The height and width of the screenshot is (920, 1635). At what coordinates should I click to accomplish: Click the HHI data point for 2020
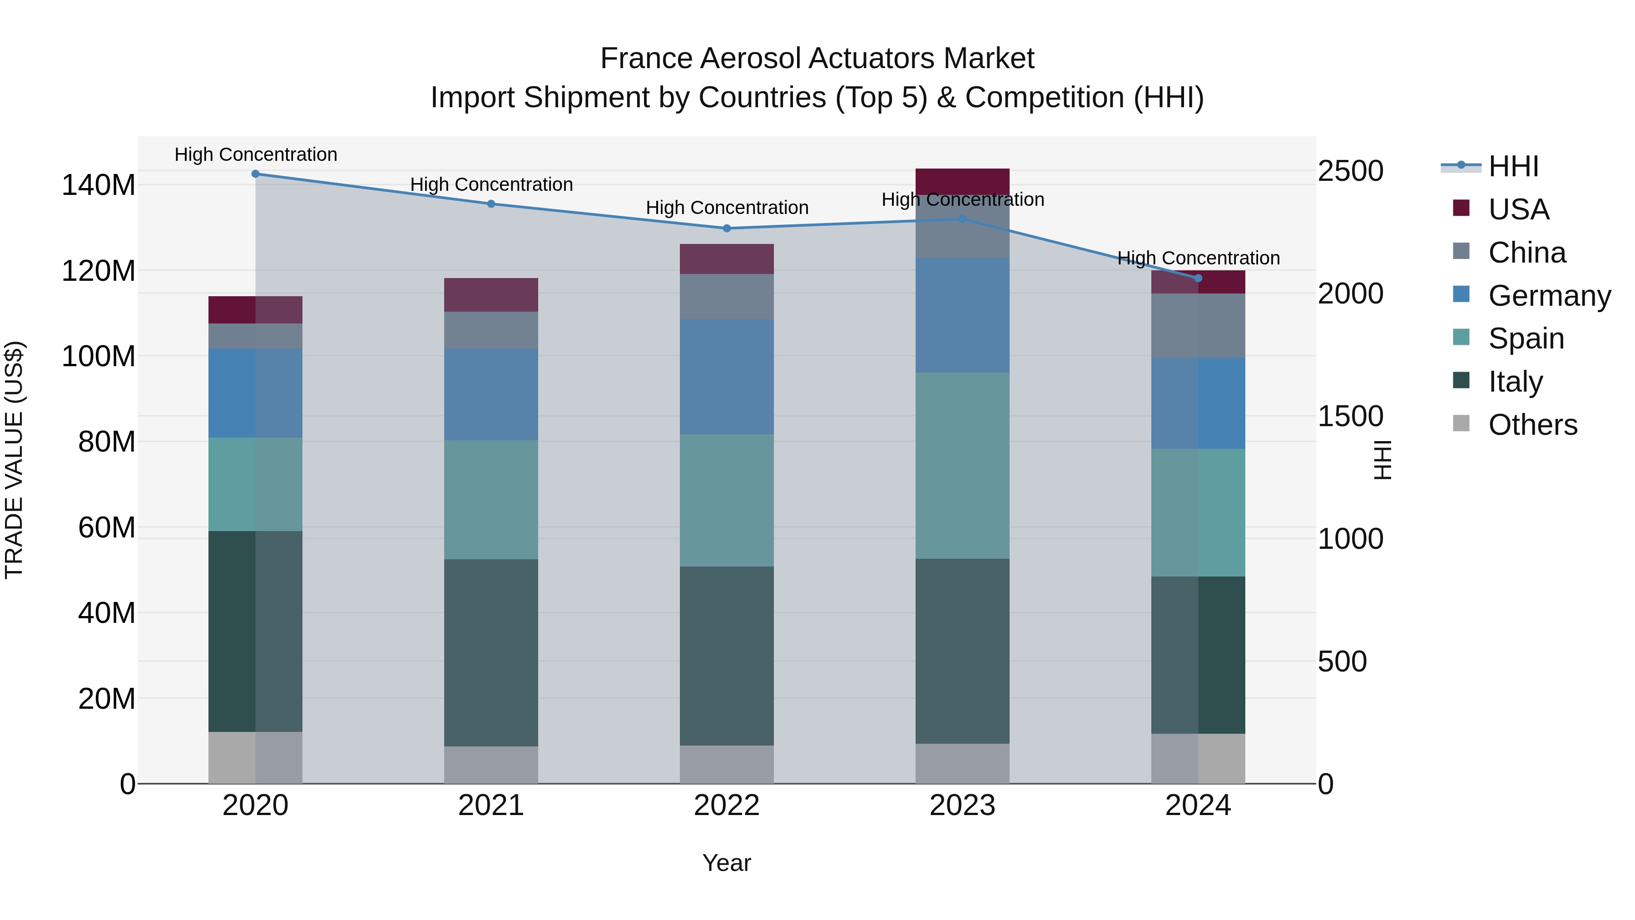tap(255, 174)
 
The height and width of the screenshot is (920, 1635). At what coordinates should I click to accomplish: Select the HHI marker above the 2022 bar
tap(727, 229)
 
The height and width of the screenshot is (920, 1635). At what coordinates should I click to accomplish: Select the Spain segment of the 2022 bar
tap(727, 500)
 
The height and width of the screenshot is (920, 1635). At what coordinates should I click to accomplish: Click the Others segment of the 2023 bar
tap(962, 763)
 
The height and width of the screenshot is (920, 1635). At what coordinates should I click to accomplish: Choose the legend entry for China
tap(1526, 253)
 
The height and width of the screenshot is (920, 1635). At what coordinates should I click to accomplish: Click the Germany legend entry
tap(1549, 296)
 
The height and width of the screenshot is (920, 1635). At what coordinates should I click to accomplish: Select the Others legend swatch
tap(1461, 423)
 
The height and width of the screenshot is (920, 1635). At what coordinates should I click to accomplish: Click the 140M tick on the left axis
tap(99, 185)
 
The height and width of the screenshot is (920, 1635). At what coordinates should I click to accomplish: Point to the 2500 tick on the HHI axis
tap(1350, 171)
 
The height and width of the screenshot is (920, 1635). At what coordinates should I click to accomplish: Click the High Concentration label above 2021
tap(491, 185)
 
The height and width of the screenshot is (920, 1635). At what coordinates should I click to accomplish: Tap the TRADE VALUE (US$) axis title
tap(14, 460)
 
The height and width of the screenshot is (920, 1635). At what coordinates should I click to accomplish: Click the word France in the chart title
tap(647, 59)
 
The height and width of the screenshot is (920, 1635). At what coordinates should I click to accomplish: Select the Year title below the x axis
tap(726, 863)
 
